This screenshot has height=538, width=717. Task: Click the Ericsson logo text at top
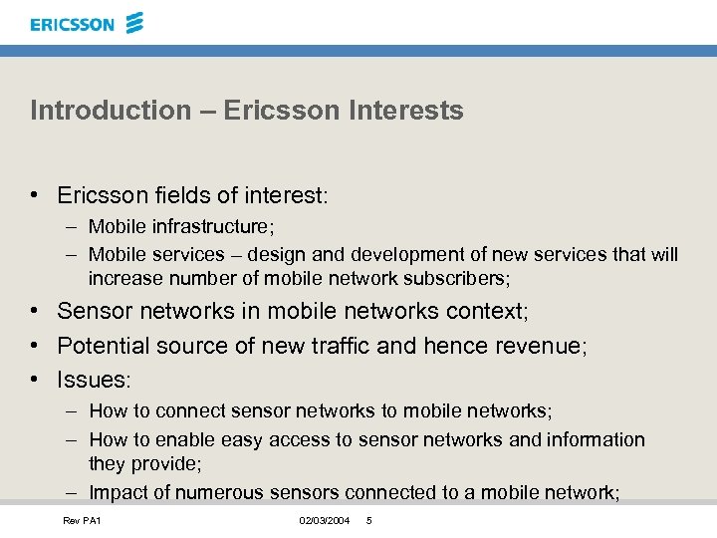click(x=73, y=24)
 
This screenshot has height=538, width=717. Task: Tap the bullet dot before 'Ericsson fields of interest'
click(x=35, y=195)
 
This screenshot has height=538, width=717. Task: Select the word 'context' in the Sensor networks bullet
click(x=487, y=311)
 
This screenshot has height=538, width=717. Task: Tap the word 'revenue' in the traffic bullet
click(x=546, y=346)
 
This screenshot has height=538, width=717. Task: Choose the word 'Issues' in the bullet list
click(x=92, y=380)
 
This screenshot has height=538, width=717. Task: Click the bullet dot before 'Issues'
click(x=35, y=380)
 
